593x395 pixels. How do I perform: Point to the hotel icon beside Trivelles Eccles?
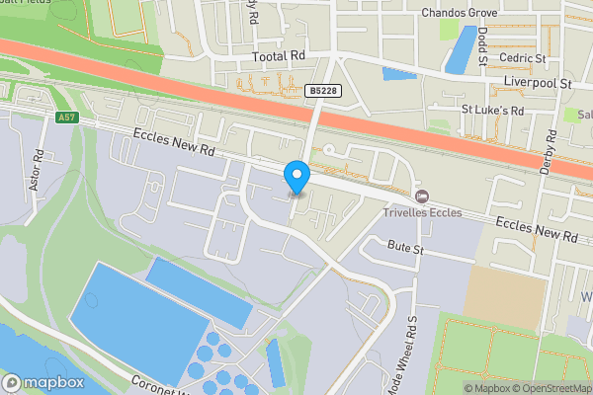(x=424, y=194)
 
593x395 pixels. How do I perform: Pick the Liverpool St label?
(x=539, y=85)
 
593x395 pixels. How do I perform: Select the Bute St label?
(x=405, y=248)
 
